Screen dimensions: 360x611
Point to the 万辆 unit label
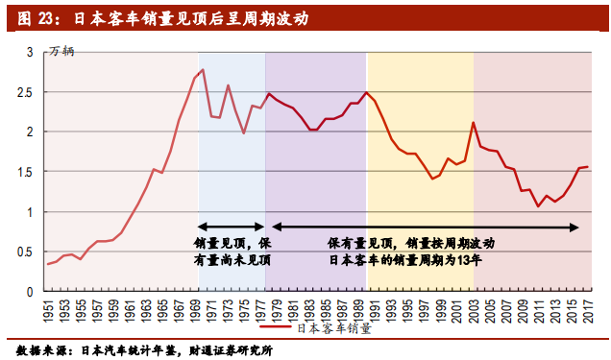tap(62, 50)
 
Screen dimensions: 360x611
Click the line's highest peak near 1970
tap(203, 69)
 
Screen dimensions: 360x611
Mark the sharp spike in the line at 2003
tap(473, 123)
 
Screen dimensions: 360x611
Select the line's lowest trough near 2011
tap(538, 206)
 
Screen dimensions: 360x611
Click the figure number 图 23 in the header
tap(36, 18)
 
